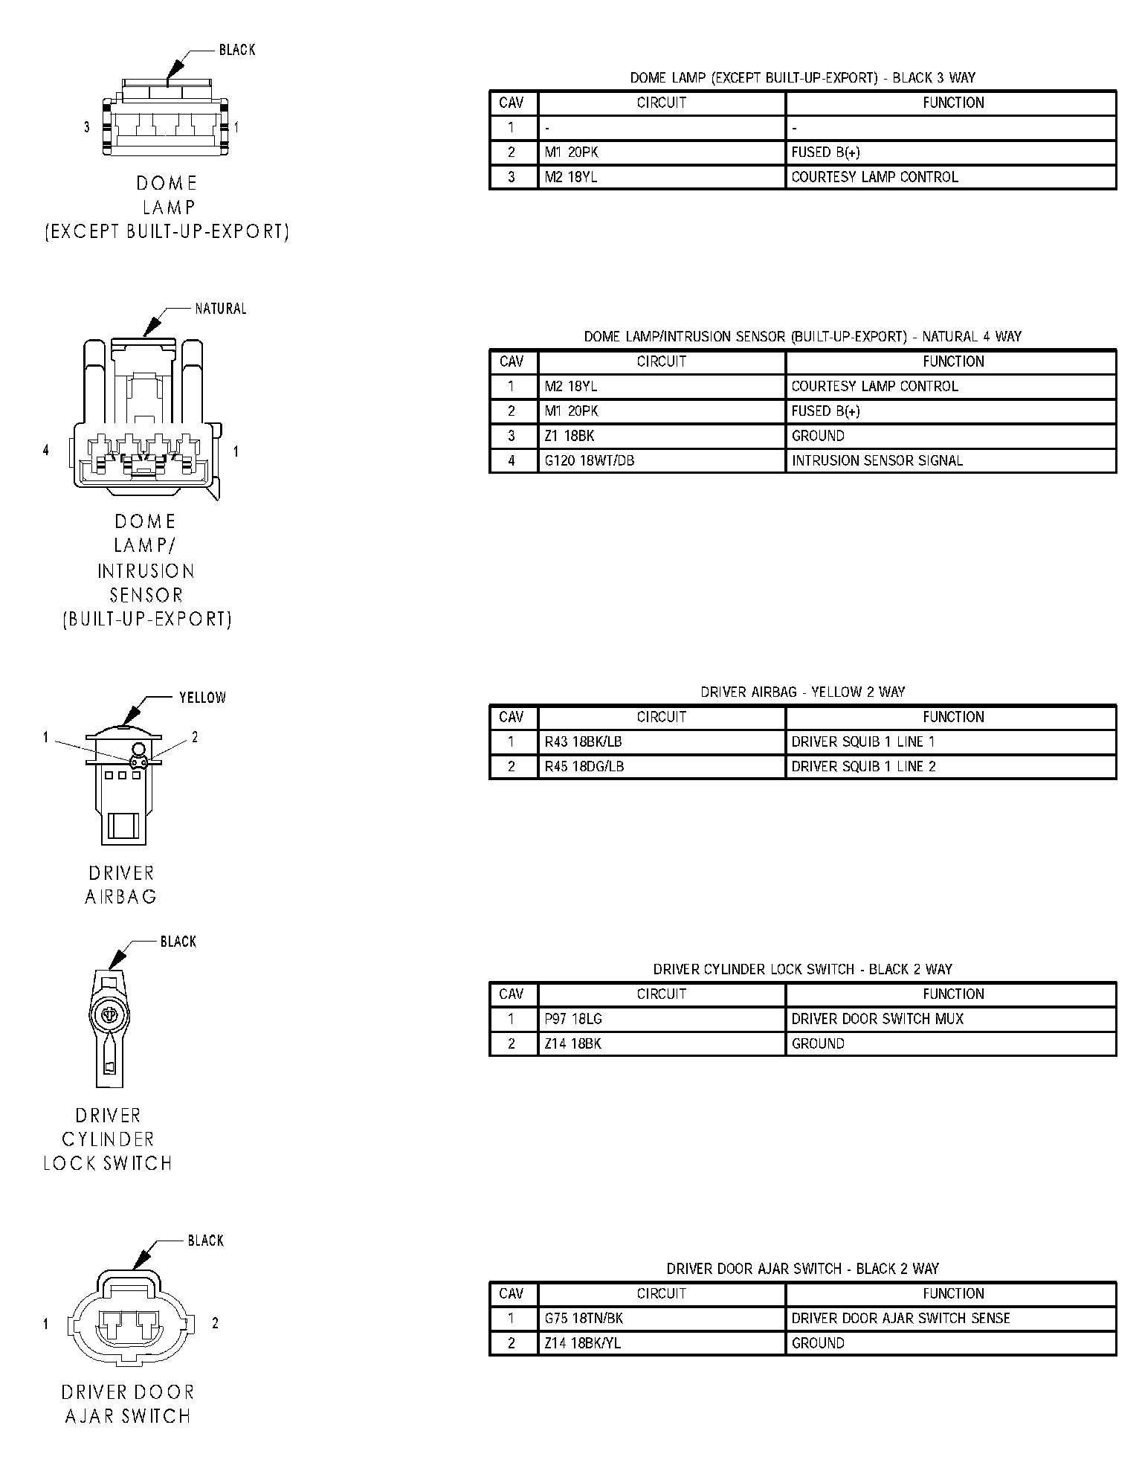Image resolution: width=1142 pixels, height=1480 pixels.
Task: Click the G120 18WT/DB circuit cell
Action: click(589, 460)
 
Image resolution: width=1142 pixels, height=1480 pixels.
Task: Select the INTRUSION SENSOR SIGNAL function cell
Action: click(877, 460)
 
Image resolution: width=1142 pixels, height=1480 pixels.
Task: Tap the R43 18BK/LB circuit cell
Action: click(583, 741)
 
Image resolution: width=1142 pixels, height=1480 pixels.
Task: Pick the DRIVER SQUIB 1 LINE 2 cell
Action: click(863, 766)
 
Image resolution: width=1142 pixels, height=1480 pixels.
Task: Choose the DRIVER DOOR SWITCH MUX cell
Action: click(877, 1019)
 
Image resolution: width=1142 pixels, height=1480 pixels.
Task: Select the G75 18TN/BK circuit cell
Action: click(584, 1319)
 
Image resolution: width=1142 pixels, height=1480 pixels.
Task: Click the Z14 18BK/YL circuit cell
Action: click(583, 1343)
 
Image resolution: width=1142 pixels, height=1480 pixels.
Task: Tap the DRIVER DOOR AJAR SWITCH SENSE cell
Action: click(900, 1319)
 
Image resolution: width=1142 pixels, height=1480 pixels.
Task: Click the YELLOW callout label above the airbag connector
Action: click(202, 698)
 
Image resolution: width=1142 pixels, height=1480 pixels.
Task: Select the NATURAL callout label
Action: click(220, 309)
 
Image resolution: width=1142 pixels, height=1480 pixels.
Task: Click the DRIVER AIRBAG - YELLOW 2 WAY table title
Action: click(802, 692)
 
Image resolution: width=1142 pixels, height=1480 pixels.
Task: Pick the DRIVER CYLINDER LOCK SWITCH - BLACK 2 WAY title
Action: click(802, 970)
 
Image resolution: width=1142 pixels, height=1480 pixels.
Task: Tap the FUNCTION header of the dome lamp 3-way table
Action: click(953, 103)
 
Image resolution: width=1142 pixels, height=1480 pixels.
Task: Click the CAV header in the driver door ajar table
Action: click(512, 1293)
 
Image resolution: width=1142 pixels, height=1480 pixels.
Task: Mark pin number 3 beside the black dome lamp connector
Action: click(86, 127)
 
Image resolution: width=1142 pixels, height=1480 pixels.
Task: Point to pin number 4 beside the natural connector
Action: click(46, 451)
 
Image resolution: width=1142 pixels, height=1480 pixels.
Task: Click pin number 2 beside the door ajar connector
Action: click(216, 1323)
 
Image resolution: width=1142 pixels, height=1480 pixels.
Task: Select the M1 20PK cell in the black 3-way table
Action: click(571, 152)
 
